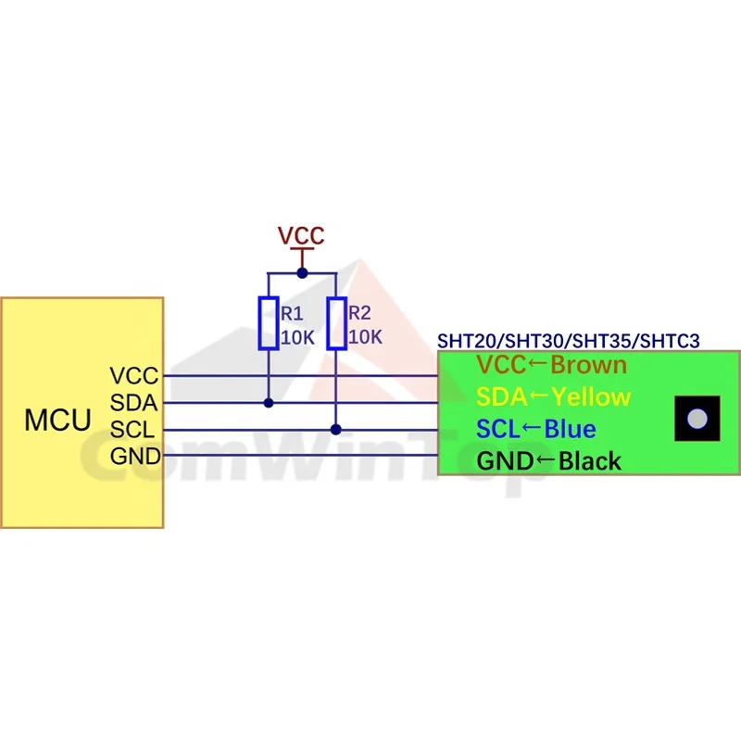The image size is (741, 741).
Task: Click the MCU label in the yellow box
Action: [x=57, y=420]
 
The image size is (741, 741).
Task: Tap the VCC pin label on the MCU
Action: [x=134, y=376]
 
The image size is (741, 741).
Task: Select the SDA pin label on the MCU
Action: [x=133, y=403]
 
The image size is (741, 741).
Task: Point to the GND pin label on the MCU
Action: [x=135, y=457]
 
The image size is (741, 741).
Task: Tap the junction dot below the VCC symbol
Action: [x=303, y=273]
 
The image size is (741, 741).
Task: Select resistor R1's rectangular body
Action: [x=269, y=323]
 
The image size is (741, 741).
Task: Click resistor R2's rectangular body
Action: [x=336, y=323]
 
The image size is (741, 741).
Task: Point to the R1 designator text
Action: [x=292, y=313]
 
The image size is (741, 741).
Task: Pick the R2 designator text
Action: [x=359, y=313]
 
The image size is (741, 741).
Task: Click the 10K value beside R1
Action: [x=297, y=338]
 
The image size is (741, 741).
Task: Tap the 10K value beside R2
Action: [x=365, y=337]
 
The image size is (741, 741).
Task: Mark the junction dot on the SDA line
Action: [x=269, y=403]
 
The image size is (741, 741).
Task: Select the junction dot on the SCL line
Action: [x=336, y=430]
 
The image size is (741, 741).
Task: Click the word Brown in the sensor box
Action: [x=589, y=365]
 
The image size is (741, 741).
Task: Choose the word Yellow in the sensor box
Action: [x=591, y=397]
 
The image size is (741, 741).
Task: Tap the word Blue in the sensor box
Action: [x=571, y=429]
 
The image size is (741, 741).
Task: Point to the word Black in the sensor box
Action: [x=590, y=460]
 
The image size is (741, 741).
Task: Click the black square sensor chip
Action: [x=697, y=419]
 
